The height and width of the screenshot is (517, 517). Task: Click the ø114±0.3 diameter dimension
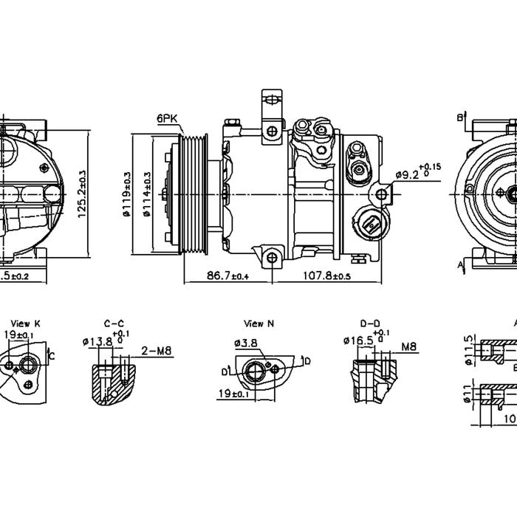[x=148, y=194]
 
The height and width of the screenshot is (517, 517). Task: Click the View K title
[x=27, y=323]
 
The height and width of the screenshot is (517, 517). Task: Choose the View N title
[x=258, y=323]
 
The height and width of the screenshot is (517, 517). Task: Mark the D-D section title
[x=370, y=323]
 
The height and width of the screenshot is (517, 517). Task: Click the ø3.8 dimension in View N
[x=245, y=343]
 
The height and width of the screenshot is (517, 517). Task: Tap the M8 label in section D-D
[x=408, y=346]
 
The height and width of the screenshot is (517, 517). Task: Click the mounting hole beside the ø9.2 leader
[x=381, y=194]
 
